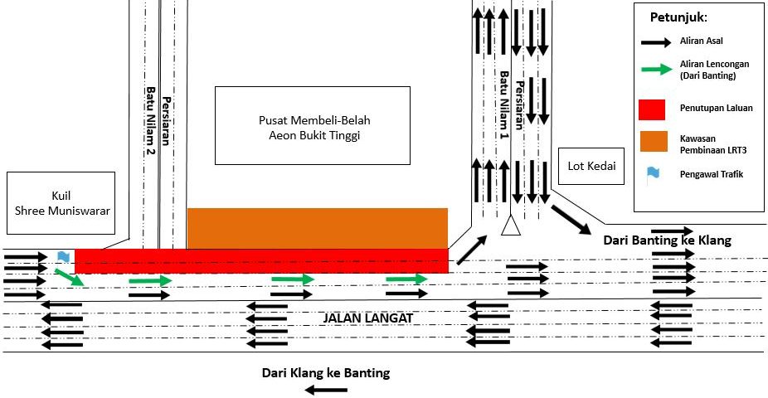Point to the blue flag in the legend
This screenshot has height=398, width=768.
(654, 173)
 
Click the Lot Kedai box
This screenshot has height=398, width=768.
(592, 166)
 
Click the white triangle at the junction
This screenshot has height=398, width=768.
(510, 226)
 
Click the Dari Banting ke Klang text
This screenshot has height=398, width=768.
(668, 240)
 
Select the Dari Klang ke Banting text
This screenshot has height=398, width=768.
(325, 372)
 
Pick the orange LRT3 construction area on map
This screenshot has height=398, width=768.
(317, 228)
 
